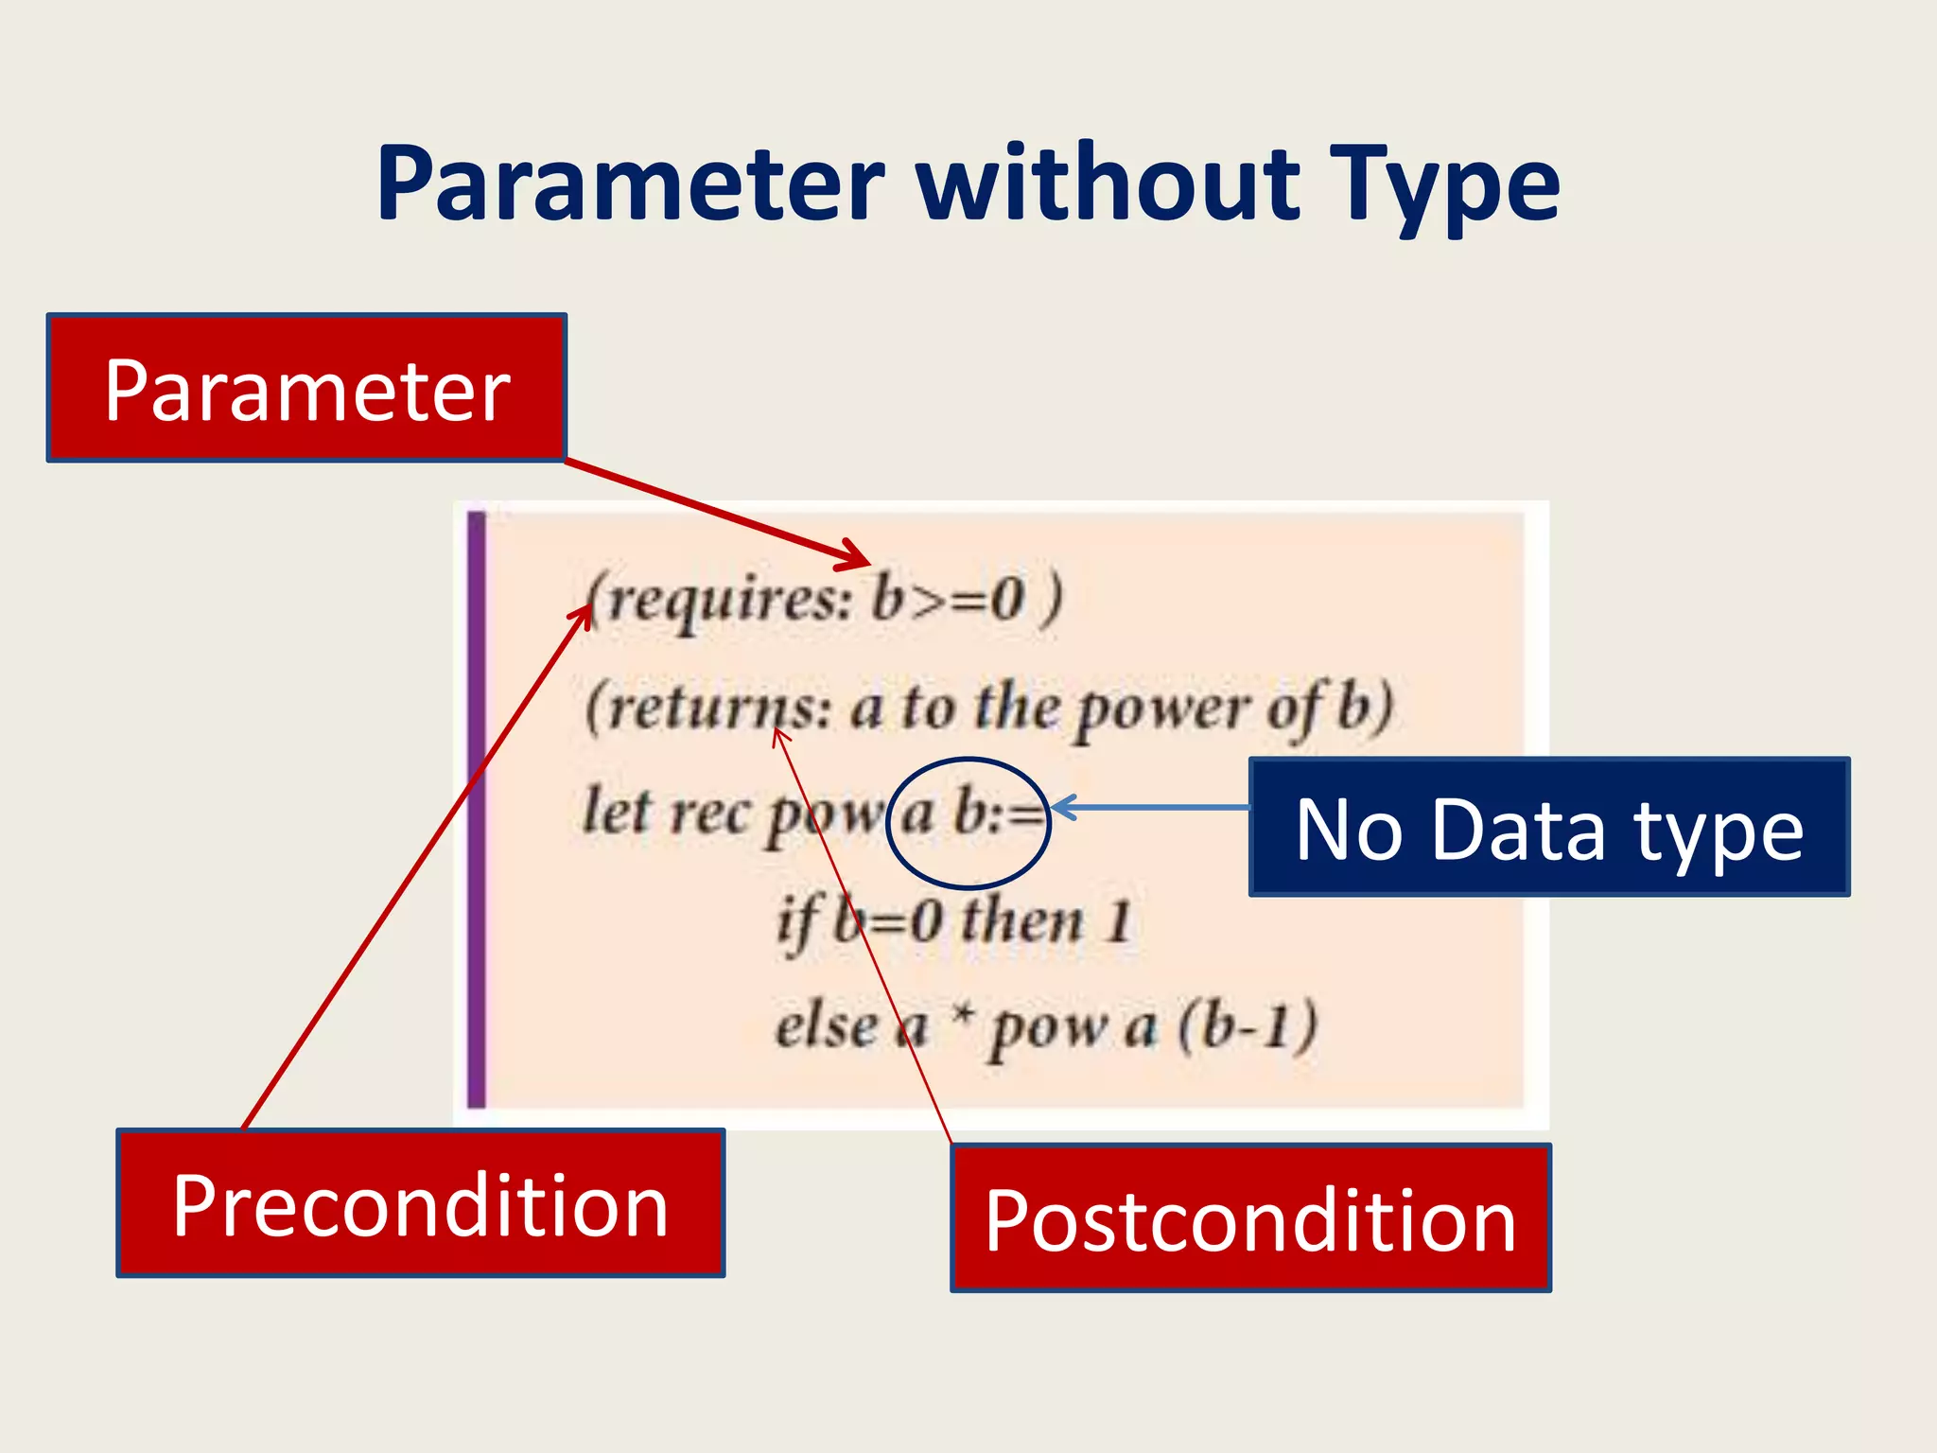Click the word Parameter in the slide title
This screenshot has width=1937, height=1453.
(x=630, y=184)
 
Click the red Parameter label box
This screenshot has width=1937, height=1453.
(x=306, y=389)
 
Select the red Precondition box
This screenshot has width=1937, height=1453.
(x=420, y=1203)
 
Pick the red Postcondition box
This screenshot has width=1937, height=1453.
(x=1250, y=1218)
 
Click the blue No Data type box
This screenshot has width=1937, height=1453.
(x=1548, y=827)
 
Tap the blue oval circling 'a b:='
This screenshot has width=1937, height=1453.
(x=968, y=762)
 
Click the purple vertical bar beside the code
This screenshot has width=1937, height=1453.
(x=477, y=809)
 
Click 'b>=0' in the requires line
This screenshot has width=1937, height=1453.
(x=947, y=598)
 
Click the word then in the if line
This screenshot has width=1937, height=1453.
(x=1021, y=920)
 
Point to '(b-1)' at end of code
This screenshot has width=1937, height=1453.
(x=1248, y=1025)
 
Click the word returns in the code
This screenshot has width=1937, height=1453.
(x=709, y=709)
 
